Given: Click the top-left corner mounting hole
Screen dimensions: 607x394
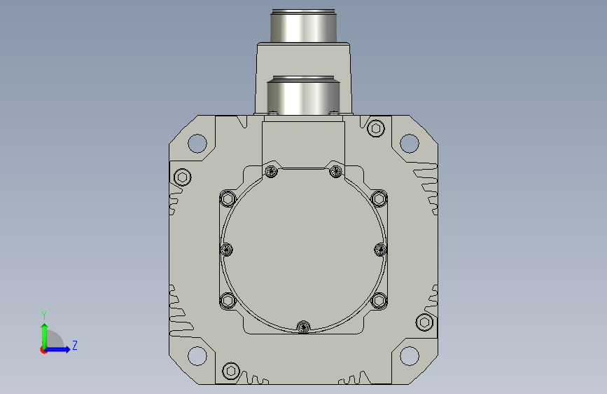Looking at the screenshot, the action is coord(197,143).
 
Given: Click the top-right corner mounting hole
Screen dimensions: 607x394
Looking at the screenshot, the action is coord(409,143).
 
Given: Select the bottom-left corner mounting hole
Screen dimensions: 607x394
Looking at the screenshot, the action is coord(197,356).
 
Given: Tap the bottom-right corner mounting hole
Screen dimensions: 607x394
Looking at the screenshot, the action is coord(409,356).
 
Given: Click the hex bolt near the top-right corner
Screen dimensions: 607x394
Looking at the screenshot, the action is coord(375,128).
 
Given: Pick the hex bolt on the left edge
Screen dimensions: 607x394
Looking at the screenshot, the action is coord(182,177).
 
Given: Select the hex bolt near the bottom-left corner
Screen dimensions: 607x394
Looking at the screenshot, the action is coord(231,371).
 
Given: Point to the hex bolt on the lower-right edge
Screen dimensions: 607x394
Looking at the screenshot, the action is coord(424,322).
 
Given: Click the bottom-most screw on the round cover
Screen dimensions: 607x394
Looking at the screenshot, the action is coord(304,327).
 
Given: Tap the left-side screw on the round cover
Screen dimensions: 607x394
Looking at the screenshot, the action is coord(226,250).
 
